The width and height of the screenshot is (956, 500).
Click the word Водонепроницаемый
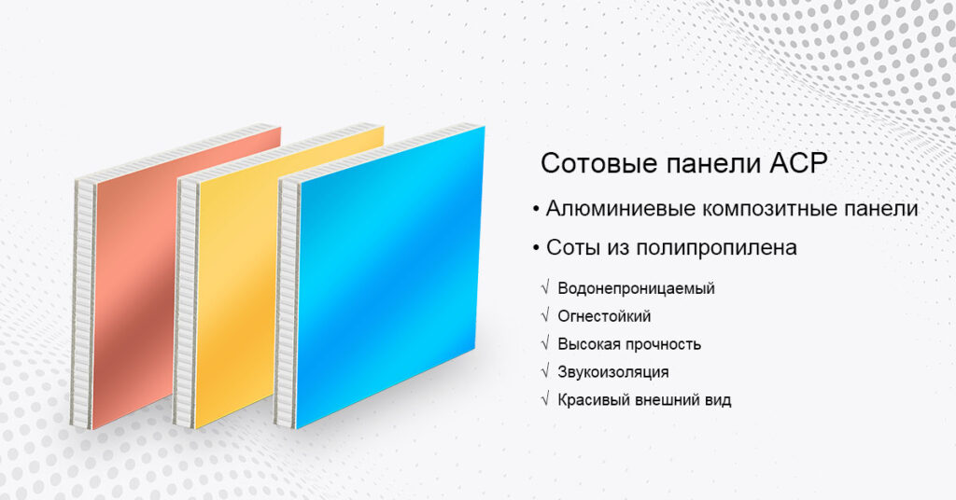[636, 288]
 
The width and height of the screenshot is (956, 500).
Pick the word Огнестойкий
[604, 316]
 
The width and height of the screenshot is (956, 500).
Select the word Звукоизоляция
[612, 372]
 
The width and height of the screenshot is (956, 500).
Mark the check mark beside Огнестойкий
[544, 316]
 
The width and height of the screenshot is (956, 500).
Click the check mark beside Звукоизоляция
[544, 372]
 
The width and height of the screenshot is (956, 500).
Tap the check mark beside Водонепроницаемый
[544, 288]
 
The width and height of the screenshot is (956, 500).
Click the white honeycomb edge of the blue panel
[288, 299]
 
